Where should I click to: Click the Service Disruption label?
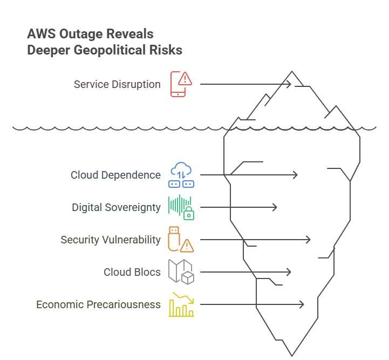tap(117, 84)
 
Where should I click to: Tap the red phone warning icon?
tap(181, 84)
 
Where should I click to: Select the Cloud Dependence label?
tap(115, 175)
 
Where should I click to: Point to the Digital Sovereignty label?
tap(116, 207)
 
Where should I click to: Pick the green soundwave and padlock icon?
tap(181, 207)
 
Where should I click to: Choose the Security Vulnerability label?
tap(111, 240)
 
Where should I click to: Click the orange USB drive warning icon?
tap(181, 240)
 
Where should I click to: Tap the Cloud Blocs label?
tap(132, 272)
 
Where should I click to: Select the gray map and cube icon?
tap(181, 272)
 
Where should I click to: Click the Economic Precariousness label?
tap(98, 304)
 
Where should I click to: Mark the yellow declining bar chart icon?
tap(181, 304)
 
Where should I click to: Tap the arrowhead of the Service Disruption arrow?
tap(290, 84)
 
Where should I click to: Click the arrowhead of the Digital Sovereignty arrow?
tap(275, 207)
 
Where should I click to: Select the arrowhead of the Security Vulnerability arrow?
tap(309, 240)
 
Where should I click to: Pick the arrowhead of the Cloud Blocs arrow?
tap(289, 272)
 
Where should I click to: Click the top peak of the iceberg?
tap(292, 71)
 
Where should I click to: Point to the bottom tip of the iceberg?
tap(292, 356)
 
